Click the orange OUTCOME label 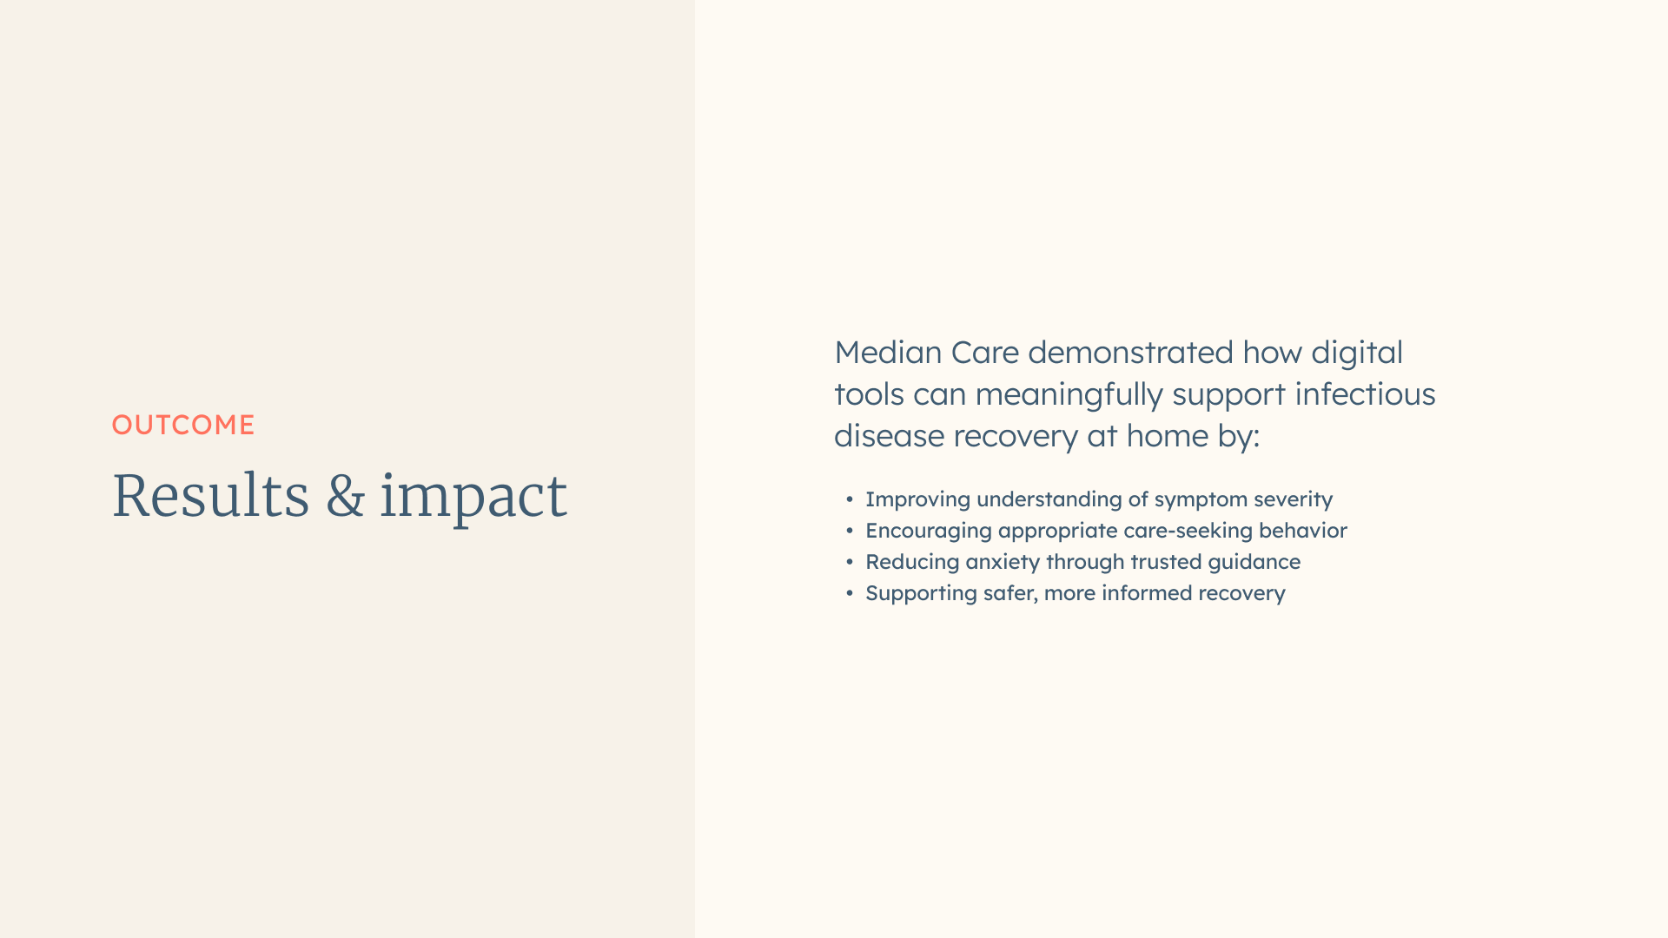pos(183,425)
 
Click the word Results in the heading pos(211,496)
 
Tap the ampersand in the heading pos(346,496)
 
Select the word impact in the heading pos(473,498)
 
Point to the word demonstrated pos(1130,353)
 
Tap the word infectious pos(1365,394)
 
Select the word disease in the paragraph pos(889,436)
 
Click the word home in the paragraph pos(1167,436)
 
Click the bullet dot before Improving pos(850,499)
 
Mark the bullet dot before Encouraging pos(850,531)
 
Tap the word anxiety pos(1003,563)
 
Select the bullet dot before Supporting pos(850,593)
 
